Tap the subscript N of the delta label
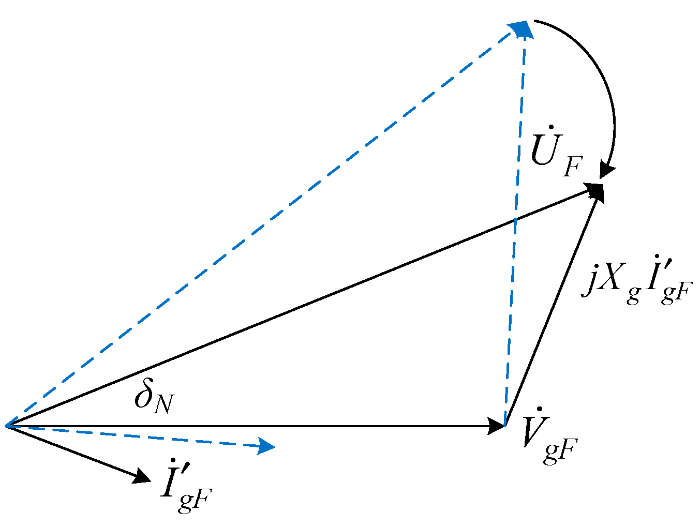point(163,404)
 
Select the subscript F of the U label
point(572,166)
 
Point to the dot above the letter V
point(539,410)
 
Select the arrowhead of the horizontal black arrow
point(496,426)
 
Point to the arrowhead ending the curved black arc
point(606,172)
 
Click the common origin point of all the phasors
point(6,426)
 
